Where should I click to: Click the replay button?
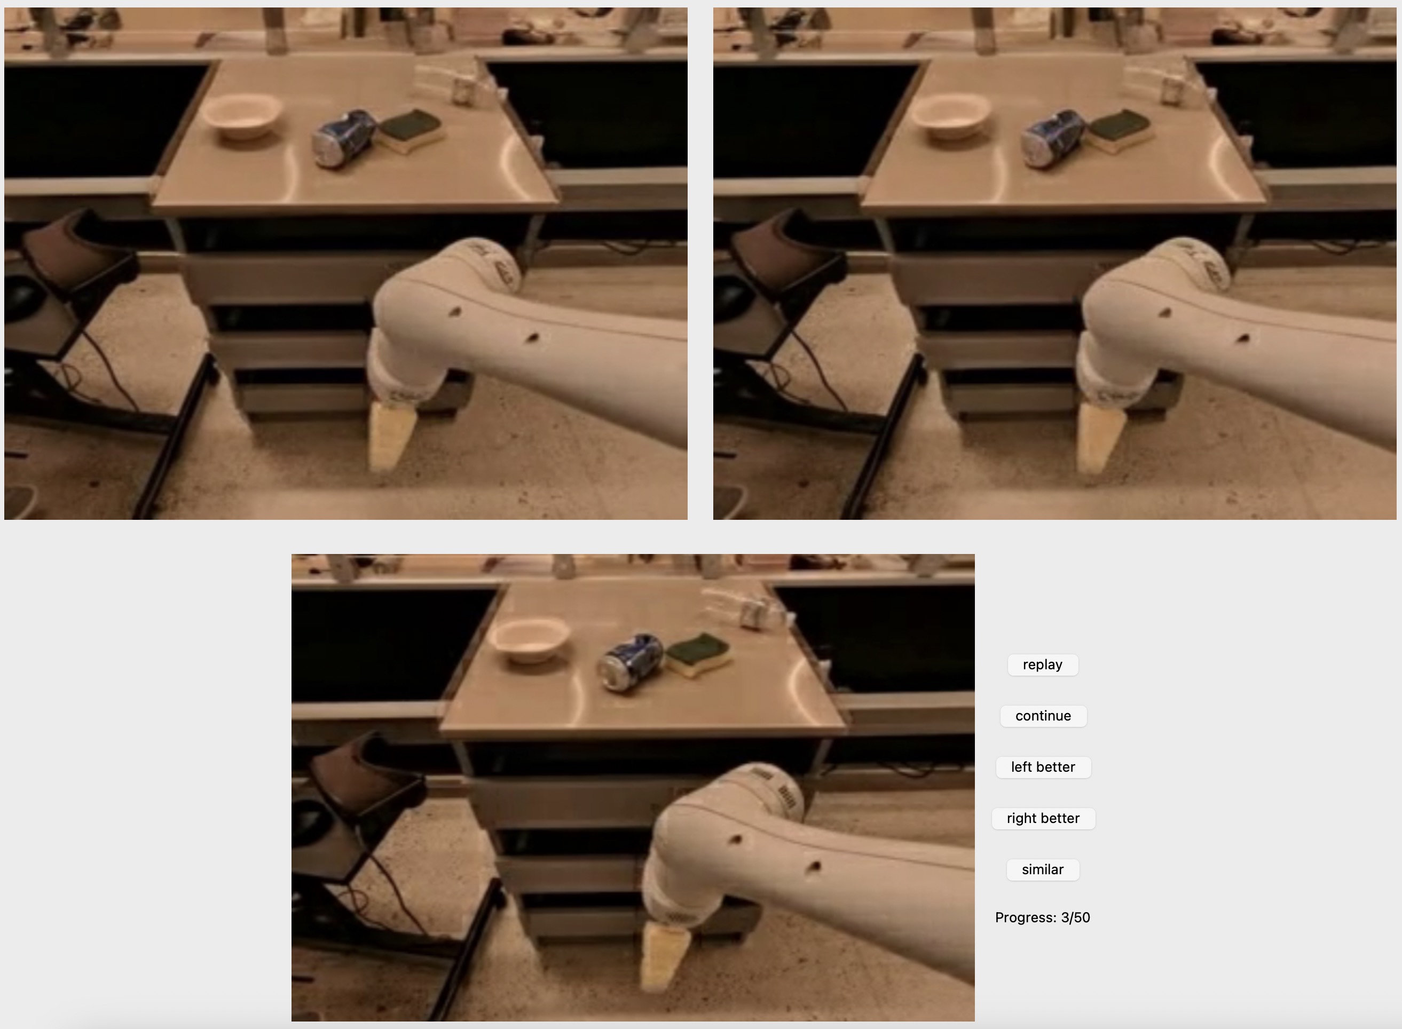pyautogui.click(x=1043, y=664)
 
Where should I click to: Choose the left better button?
pyautogui.click(x=1043, y=767)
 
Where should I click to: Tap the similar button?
pyautogui.click(x=1043, y=869)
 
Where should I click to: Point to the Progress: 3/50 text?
pyautogui.click(x=1043, y=917)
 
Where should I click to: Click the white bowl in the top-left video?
pyautogui.click(x=243, y=116)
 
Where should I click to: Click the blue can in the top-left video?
pyautogui.click(x=344, y=138)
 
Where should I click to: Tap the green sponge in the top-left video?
pyautogui.click(x=411, y=130)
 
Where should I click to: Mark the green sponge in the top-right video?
pyautogui.click(x=1119, y=130)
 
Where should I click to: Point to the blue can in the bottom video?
pyautogui.click(x=631, y=661)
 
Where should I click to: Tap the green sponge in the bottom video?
pyautogui.click(x=698, y=654)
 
